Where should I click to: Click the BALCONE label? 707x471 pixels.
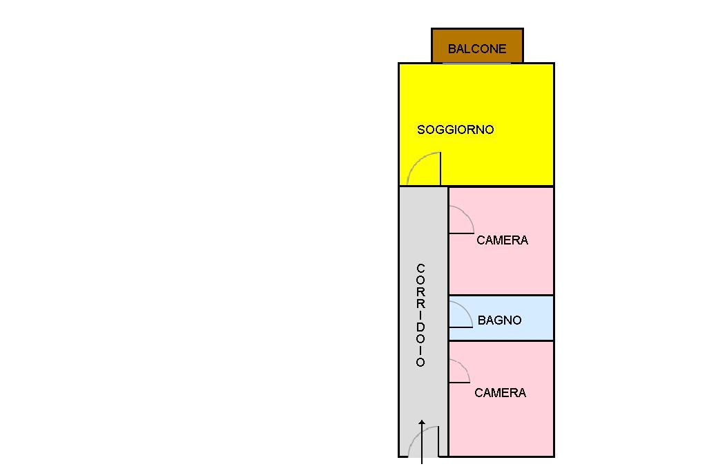point(477,49)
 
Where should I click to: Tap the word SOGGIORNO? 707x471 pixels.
point(456,130)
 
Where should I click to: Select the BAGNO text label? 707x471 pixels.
point(499,320)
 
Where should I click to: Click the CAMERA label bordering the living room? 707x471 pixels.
point(502,240)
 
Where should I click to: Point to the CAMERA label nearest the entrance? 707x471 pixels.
point(500,393)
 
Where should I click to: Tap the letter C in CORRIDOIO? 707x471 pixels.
point(421,268)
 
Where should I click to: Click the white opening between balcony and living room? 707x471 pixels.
point(477,63)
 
